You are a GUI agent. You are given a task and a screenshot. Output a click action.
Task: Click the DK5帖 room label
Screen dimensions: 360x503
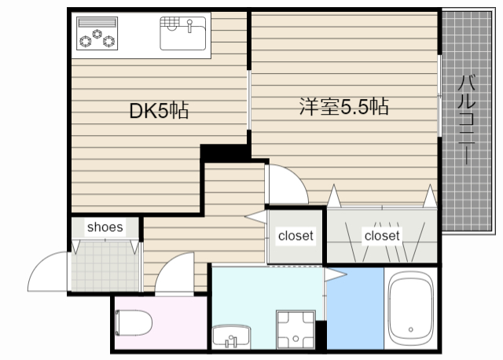tap(158, 111)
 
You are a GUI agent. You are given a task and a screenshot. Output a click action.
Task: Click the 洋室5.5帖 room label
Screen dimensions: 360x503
tap(343, 106)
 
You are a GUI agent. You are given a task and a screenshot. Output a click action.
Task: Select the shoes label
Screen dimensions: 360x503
tap(105, 227)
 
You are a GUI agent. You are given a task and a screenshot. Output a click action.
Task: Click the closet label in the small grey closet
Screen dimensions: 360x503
tap(296, 235)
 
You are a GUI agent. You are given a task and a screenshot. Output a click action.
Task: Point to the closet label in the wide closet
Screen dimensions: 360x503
tap(381, 235)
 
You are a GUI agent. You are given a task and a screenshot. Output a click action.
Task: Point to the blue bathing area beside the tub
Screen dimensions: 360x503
tap(354, 307)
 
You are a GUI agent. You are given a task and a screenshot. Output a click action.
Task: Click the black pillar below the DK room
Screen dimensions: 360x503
tap(224, 152)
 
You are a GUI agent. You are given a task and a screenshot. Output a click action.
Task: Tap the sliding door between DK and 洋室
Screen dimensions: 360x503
tap(249, 98)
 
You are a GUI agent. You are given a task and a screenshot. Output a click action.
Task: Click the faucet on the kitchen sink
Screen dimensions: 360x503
tap(189, 25)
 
